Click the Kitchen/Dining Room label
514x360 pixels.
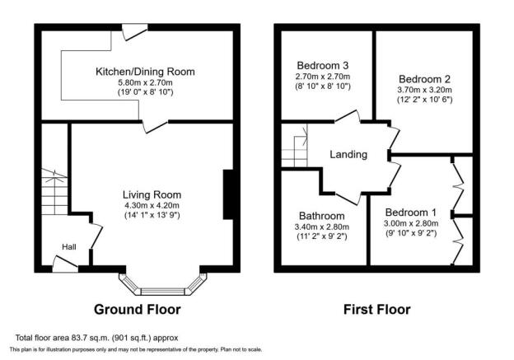[145, 72]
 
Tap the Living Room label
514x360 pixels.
[152, 194]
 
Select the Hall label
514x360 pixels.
[69, 247]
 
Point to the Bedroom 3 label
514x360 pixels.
[323, 66]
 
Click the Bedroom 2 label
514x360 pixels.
[424, 79]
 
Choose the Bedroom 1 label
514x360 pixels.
[411, 213]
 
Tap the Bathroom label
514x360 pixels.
[322, 216]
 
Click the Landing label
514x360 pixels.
[348, 154]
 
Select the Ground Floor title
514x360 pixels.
[138, 310]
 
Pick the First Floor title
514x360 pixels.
[377, 310]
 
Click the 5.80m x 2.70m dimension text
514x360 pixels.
[145, 82]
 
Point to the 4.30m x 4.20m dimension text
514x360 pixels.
[152, 206]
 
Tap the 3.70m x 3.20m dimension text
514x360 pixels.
[424, 90]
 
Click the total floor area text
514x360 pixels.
[96, 338]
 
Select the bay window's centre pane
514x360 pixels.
[163, 292]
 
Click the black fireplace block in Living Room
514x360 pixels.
[228, 194]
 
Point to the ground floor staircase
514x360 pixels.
[54, 192]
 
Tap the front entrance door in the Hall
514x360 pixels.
[65, 264]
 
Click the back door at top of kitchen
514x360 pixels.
[135, 32]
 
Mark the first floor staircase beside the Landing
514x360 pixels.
[295, 146]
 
